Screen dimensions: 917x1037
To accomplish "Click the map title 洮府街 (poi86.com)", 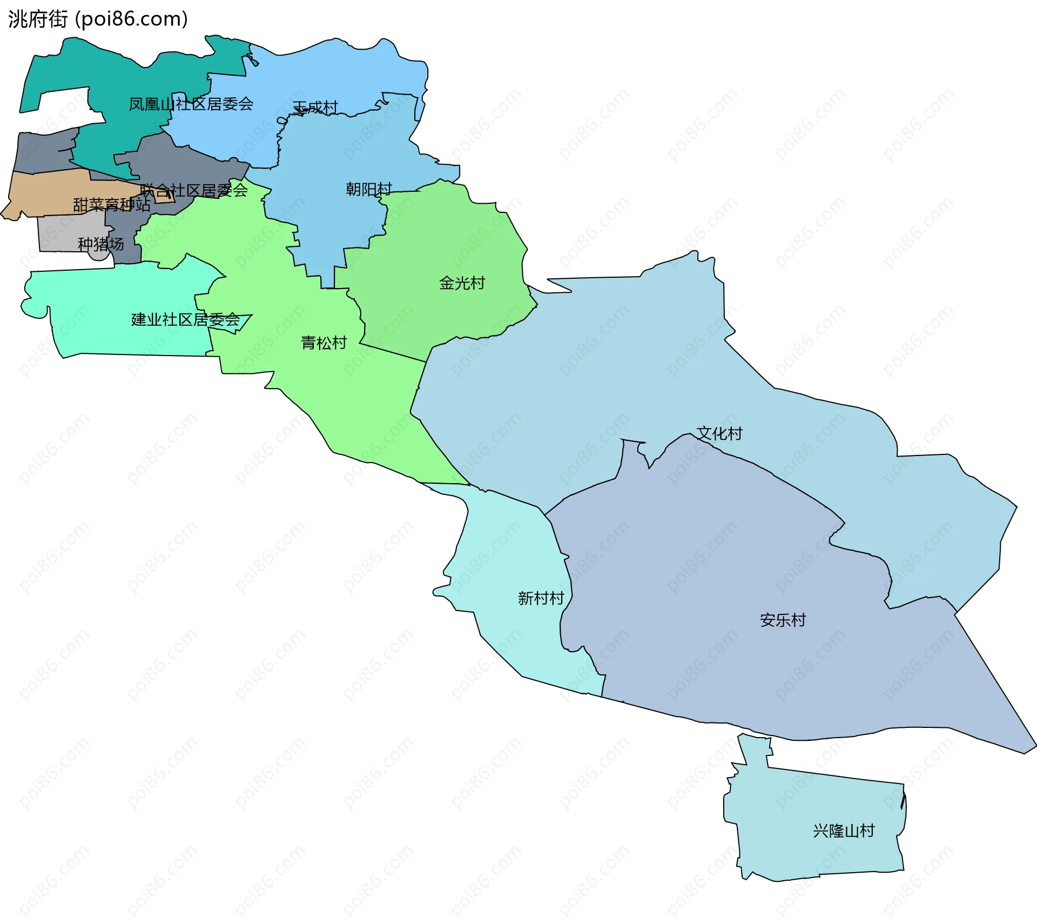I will coord(98,19).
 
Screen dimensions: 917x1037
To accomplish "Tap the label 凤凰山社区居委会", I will coord(191,104).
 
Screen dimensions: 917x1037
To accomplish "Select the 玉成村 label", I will coord(315,108).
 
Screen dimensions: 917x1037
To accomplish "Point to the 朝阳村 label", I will coord(369,189).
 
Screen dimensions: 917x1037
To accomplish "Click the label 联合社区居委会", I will coord(193,190).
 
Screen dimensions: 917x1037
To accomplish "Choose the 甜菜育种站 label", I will coord(111,205).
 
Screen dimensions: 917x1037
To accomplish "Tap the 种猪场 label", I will coord(100,244).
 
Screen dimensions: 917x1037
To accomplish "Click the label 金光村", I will coord(462,283).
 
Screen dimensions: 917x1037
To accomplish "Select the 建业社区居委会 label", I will coord(185,319).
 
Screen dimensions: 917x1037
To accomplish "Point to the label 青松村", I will coord(324,343).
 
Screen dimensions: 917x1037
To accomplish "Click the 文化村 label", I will coord(719,433).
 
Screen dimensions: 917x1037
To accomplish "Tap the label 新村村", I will coord(541,598).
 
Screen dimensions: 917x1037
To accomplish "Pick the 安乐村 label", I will coord(783,620).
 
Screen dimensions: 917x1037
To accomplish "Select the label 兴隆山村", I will coord(844,831).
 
